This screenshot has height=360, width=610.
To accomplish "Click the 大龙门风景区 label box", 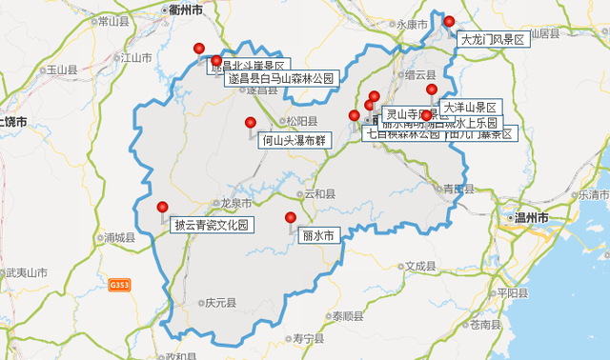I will point(492,40).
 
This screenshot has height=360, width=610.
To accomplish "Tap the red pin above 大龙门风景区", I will point(449,22).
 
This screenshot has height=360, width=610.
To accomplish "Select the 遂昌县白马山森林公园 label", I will point(280,79).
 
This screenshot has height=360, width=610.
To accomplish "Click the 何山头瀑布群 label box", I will point(293,140).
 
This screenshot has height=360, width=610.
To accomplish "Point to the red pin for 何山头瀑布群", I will point(251,123).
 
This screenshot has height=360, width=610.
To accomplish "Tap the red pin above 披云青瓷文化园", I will point(163,208).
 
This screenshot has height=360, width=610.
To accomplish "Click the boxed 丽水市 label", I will point(317,235).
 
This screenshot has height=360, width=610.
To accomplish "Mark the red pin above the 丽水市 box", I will point(291,218).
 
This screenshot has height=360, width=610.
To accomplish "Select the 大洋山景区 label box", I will point(471,108).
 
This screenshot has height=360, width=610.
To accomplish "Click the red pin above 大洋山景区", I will point(432,90).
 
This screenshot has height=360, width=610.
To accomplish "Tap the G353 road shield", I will point(119,285).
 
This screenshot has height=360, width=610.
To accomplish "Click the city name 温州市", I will point(532,218).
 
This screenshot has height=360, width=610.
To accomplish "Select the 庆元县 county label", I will point(219,303).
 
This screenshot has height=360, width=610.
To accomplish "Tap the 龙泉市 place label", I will point(234,203).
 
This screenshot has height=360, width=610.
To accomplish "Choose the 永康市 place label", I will point(413,25).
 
